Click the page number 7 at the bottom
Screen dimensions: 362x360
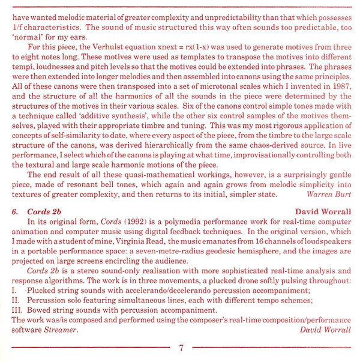click(181, 349)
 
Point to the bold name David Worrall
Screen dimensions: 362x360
click(323, 211)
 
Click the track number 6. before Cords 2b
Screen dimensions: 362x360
click(16, 211)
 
